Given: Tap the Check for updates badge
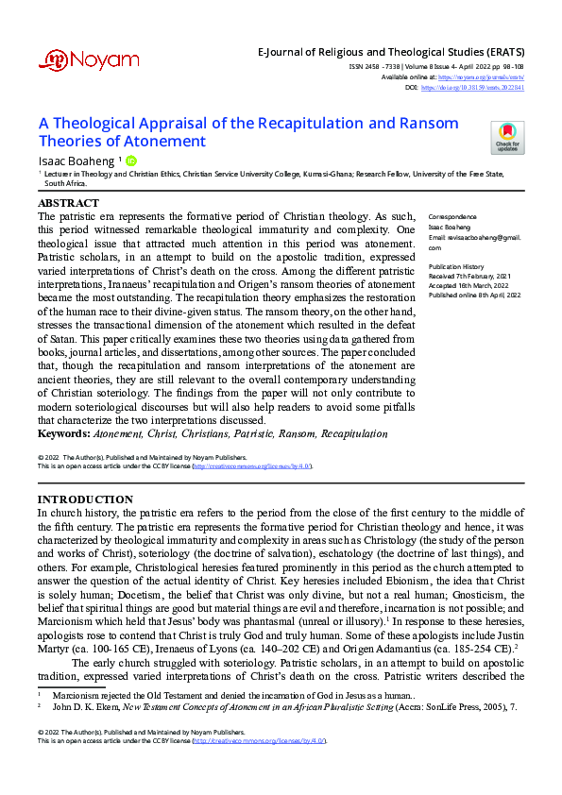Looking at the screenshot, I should (507, 137).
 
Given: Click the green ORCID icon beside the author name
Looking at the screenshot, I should (131, 161).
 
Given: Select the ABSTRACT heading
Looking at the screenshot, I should (68, 203).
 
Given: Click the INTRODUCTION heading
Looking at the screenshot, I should (85, 499).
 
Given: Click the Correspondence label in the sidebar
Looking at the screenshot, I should (451, 217).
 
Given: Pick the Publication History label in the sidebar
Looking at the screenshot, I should (457, 267).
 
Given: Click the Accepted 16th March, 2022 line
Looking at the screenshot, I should (469, 286).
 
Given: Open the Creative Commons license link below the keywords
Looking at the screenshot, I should (251, 466).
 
